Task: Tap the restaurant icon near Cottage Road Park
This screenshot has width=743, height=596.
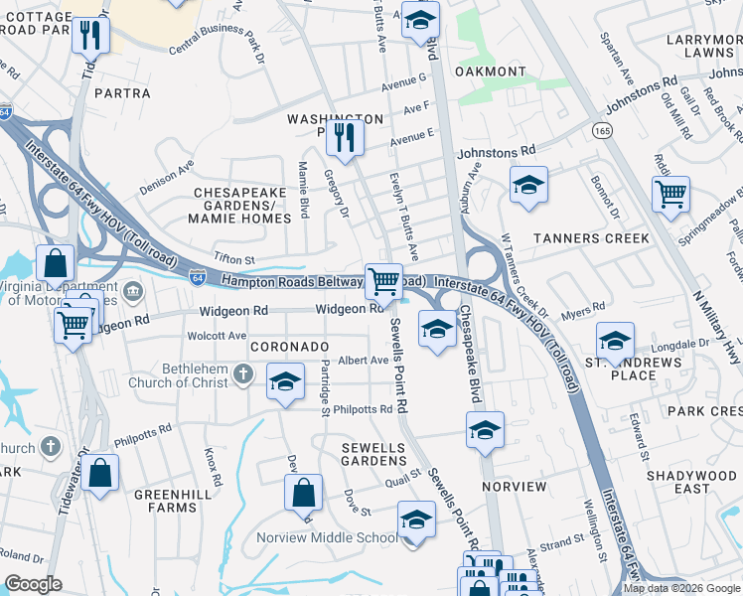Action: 90,36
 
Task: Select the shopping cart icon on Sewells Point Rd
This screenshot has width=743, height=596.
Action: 383,280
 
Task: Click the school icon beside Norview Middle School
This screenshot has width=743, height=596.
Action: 416,521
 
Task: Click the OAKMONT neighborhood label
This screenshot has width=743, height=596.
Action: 490,72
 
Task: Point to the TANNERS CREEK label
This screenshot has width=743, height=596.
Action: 590,238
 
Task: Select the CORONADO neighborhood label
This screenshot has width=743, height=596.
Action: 289,346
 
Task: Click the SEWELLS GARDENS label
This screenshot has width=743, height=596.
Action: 374,454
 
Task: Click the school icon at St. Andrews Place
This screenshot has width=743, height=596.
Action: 615,341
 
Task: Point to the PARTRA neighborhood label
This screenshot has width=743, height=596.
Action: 121,93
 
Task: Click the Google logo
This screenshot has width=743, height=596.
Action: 33,584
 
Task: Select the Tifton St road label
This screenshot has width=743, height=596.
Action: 235,259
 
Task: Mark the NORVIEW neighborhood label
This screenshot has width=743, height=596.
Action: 514,487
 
